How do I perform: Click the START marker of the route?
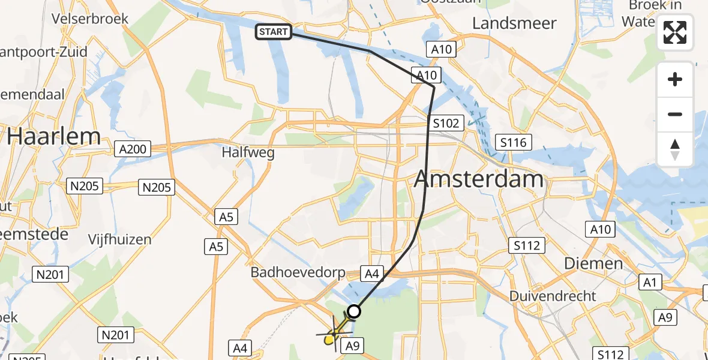[x=274, y=32]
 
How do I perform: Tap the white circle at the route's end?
[x=354, y=311]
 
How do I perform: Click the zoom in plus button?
[x=675, y=79]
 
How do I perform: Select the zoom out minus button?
[x=675, y=114]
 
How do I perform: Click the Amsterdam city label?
[x=479, y=179]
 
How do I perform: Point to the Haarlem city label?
[x=54, y=137]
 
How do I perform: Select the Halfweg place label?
[x=248, y=152]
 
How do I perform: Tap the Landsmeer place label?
[x=514, y=23]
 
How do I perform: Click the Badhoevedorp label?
[x=298, y=273]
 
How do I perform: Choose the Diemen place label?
[x=593, y=263]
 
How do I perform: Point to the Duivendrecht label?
[x=553, y=296]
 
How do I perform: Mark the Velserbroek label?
[x=90, y=19]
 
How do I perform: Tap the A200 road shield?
[x=133, y=148]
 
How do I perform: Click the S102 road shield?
[x=446, y=124]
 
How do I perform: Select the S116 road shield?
[x=514, y=142]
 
